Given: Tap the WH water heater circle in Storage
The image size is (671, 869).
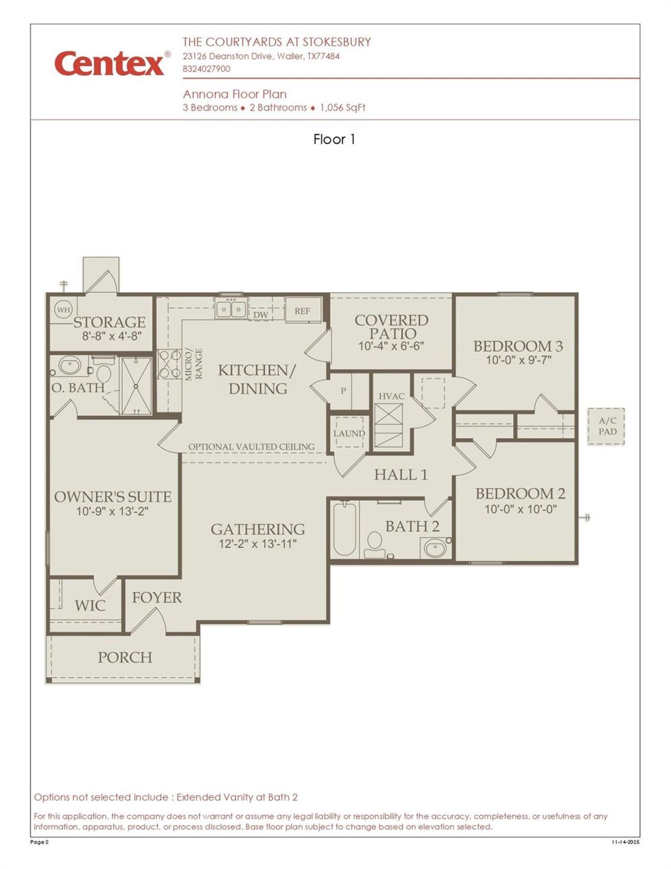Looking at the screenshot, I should (63, 310).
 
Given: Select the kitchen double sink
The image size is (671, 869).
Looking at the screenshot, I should (231, 309).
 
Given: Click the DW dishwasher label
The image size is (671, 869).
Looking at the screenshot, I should (261, 314).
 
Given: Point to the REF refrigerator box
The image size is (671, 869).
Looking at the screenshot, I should (302, 311).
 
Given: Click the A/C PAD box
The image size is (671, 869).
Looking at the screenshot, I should (607, 426).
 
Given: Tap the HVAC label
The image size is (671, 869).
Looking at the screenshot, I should (391, 396).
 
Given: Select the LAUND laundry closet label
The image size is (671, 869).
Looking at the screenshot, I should (349, 433).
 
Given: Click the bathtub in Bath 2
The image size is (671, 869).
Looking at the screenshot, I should (344, 528).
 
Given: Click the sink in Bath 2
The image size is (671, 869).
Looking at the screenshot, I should (435, 548).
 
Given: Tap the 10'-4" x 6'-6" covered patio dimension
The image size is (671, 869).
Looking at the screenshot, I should (391, 346).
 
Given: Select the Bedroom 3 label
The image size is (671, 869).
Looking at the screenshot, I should (517, 346).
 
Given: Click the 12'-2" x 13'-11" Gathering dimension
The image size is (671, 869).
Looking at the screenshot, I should (257, 544).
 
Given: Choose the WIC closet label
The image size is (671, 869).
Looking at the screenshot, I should (90, 605).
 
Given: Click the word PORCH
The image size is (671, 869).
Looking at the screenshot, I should (125, 657).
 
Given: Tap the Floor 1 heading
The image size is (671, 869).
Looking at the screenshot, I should (334, 139).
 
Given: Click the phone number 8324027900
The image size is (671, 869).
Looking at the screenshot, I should (206, 69).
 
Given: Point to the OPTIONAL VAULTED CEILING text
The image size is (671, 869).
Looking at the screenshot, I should (251, 447).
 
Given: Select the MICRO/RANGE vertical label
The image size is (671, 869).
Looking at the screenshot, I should (194, 364).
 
